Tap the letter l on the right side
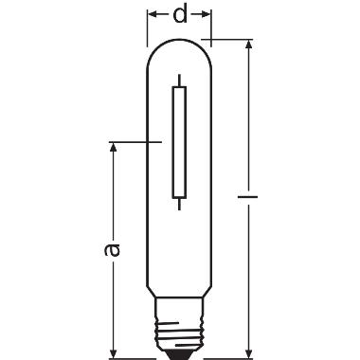[x=247, y=201]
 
